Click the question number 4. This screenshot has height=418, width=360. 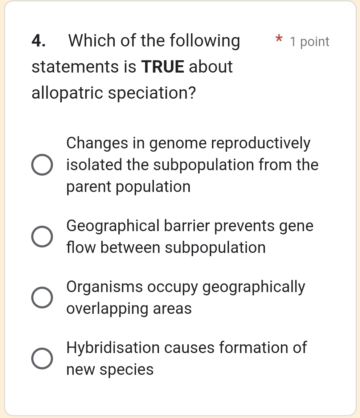click(x=38, y=41)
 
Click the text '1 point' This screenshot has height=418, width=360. click(x=310, y=42)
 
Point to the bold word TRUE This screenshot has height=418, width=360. click(x=163, y=67)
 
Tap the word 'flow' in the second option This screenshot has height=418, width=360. click(x=81, y=247)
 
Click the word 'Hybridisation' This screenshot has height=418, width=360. click(x=113, y=348)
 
